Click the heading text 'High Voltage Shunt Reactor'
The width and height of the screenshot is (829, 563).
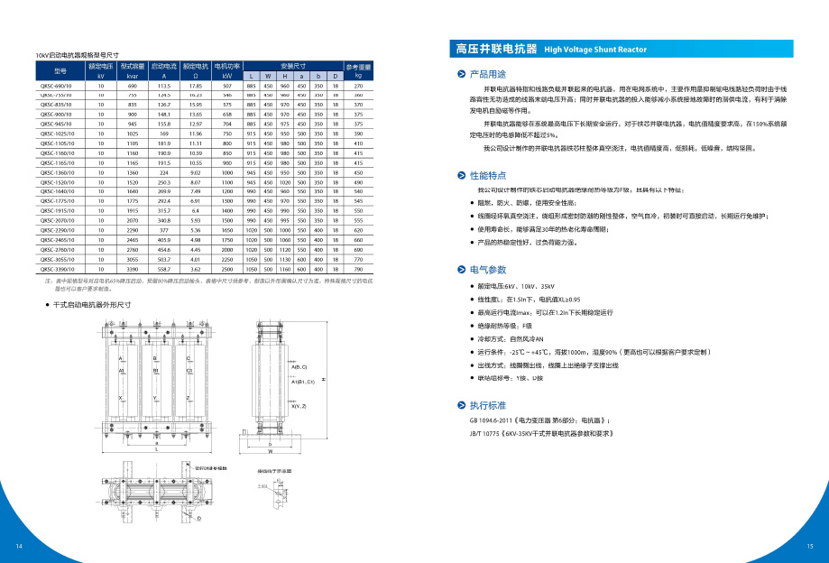pyautogui.click(x=594, y=50)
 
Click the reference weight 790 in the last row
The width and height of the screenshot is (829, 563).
pyautogui.click(x=358, y=269)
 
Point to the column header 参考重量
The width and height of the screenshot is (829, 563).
pyautogui.click(x=358, y=67)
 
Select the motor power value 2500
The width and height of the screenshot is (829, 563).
pyautogui.click(x=226, y=269)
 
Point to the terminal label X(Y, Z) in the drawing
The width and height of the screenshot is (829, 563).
pyautogui.click(x=299, y=407)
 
